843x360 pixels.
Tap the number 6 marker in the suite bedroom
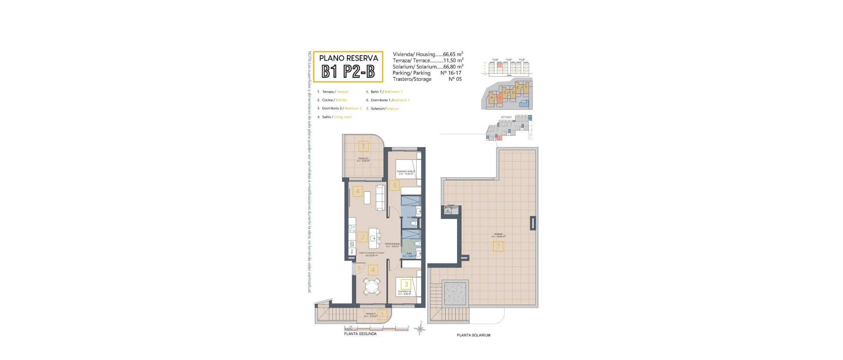pos(394,185)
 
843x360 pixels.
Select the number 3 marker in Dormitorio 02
pos(407,284)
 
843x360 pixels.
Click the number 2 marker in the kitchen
pos(363,237)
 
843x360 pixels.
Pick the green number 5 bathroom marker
pos(409,247)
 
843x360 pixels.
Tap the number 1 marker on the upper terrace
pos(363,146)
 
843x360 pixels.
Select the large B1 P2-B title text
pos(348,72)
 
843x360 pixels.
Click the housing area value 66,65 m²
pos(453,54)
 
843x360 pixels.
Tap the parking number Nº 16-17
pos(450,73)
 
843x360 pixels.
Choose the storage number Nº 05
pos(455,79)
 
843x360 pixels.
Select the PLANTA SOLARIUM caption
pos(473,335)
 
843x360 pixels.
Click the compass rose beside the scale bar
pos(420,328)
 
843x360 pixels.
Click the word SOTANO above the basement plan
pos(506,117)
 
